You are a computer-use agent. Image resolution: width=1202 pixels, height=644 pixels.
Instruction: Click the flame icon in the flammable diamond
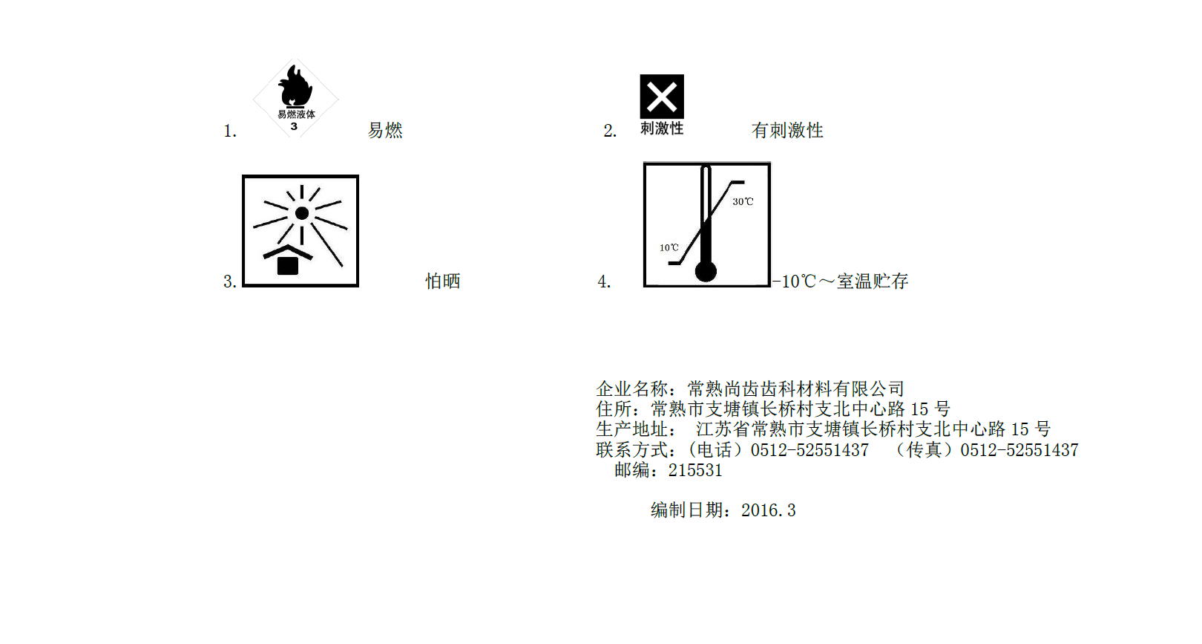click(x=295, y=86)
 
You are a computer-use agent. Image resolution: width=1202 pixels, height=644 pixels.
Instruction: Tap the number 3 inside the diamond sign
click(x=294, y=127)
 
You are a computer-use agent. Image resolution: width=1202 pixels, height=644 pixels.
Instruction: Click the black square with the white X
click(x=662, y=97)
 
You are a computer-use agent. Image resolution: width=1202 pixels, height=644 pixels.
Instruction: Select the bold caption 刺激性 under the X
click(x=662, y=129)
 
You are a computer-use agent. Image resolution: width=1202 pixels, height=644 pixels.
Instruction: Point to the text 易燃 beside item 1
click(x=385, y=131)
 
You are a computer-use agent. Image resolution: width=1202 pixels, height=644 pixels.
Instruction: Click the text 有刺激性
click(x=787, y=131)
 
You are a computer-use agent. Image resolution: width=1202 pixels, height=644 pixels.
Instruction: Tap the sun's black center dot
click(x=302, y=213)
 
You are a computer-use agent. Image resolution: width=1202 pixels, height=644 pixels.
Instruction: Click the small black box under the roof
click(x=288, y=266)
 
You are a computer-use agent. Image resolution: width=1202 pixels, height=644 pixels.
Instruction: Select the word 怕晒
click(x=443, y=281)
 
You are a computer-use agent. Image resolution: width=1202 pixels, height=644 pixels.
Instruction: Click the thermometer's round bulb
click(x=706, y=271)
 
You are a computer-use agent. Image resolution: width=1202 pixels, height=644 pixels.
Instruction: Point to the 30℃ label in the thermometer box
click(x=743, y=201)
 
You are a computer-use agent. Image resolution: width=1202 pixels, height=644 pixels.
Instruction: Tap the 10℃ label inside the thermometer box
click(x=669, y=247)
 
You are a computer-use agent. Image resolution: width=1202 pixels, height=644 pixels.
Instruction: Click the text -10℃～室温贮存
click(x=841, y=281)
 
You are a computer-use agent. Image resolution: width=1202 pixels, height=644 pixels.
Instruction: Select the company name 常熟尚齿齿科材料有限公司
click(x=796, y=388)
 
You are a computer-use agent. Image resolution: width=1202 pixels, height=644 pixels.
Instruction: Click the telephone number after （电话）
click(x=809, y=450)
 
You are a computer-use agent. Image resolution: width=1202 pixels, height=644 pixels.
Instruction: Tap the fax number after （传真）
click(x=1019, y=450)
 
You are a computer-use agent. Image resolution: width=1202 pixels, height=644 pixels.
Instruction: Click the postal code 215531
click(x=695, y=470)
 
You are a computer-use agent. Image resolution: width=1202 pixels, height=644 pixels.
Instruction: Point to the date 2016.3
click(x=769, y=510)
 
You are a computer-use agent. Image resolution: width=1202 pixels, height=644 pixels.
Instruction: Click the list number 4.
click(x=603, y=282)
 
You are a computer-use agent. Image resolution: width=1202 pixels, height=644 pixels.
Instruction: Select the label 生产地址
click(x=632, y=429)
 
